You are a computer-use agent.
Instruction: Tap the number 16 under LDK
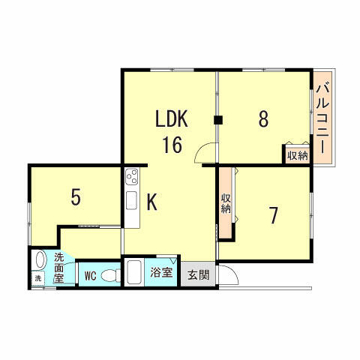pos(172,144)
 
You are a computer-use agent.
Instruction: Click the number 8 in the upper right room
pos(263,120)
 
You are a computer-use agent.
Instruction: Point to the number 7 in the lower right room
pos(274,215)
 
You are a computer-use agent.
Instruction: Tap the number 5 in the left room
pos(75,196)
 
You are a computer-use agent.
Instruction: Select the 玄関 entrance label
pos(198,274)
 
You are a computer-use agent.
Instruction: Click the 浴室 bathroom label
pos(160,271)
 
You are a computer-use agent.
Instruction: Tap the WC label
pos(88,275)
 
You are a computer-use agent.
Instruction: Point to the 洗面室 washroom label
pos(58,266)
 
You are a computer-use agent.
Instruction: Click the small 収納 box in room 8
pos(296,155)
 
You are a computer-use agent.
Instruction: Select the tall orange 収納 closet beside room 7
pos(226,204)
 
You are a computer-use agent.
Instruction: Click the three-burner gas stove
pos(132,179)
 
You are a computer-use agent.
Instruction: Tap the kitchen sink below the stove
pos(132,202)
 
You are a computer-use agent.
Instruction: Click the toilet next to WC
pos(109,275)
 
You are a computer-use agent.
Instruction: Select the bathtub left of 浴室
pos(136,271)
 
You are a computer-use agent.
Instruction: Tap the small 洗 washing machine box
pos(38,278)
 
